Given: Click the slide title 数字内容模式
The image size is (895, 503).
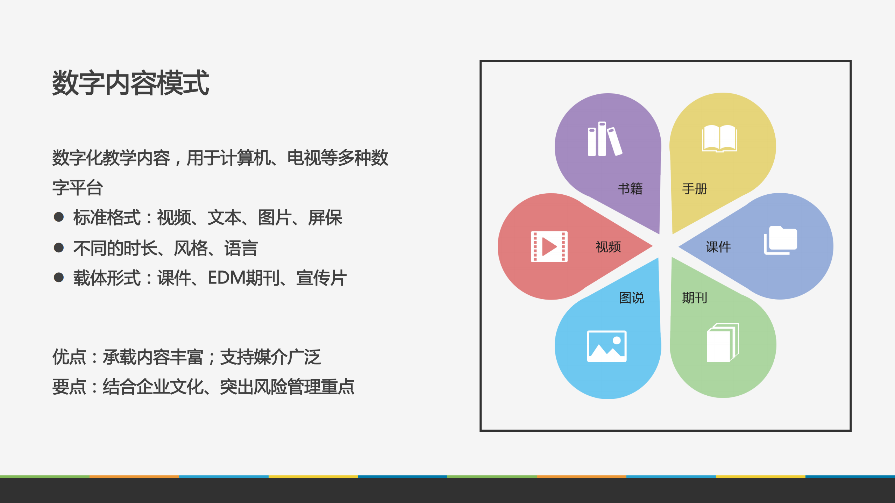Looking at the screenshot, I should point(130,83).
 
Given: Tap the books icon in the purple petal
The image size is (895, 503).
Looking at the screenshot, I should point(604,139).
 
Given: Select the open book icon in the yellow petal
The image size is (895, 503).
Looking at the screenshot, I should point(719,138).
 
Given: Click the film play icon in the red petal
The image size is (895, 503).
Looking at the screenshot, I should point(549,246).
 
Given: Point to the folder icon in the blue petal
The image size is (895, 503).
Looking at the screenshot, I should point(780,240).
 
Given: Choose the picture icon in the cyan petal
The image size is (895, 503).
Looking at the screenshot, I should point(606,346).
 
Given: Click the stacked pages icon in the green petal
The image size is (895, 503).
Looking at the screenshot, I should point(723,343).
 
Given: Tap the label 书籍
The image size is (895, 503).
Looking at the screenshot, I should point(630,189).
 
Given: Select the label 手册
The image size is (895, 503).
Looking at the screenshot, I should point(695,189).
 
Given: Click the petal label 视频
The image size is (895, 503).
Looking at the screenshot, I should point(608,247).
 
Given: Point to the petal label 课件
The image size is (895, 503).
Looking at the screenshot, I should point(718,247).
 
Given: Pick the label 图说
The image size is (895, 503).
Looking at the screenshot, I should point(631,298).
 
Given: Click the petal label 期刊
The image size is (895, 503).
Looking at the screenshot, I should point(695,298).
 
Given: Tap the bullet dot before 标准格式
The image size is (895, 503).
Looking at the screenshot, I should point(59,217).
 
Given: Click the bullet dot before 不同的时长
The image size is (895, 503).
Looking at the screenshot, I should point(59,248).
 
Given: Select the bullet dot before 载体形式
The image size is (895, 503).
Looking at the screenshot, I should point(59,278).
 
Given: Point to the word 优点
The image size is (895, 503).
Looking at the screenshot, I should point(69,357).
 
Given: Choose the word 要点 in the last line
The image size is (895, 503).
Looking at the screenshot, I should point(69,387).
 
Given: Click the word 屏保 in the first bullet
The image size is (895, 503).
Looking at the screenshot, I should point(325,217).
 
